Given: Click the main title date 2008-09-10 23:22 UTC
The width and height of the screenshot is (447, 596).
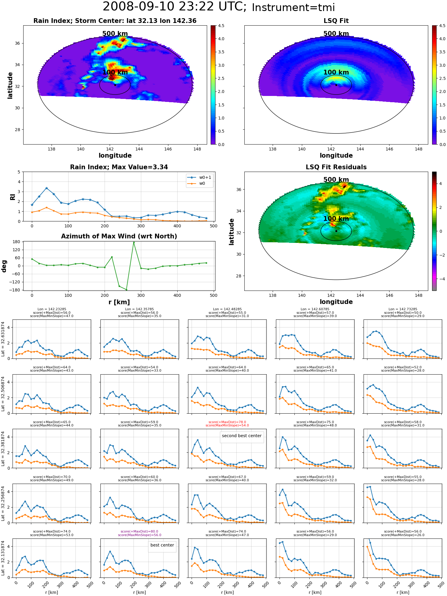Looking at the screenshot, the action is (175, 7).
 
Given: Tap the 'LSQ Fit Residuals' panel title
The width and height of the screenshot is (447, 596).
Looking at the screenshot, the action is (336, 167).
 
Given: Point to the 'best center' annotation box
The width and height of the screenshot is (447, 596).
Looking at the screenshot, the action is (162, 545).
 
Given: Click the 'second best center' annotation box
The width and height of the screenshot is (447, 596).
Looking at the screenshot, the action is (242, 436).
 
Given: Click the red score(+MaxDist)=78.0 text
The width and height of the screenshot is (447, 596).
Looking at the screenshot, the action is (227, 422).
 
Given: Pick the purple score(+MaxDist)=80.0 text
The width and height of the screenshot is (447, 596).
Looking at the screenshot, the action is (139, 531).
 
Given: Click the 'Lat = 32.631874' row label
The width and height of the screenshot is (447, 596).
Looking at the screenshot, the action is (3, 339).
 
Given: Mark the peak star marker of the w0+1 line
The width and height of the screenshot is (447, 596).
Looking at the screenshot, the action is (46, 188).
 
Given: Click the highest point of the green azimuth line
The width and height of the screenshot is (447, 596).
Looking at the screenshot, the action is (134, 243).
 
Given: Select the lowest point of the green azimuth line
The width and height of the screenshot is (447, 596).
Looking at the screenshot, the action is (126, 290).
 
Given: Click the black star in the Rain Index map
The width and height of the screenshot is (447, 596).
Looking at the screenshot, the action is (115, 85).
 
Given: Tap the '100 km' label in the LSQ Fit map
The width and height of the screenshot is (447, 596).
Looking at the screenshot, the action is (336, 72).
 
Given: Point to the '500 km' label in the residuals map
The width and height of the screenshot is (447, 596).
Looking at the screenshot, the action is (336, 180).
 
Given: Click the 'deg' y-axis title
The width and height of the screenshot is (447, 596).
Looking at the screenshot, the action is (4, 266).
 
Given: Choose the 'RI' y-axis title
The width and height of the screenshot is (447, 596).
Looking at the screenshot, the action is (13, 197).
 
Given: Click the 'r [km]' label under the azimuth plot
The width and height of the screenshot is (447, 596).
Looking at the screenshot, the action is (119, 302).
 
